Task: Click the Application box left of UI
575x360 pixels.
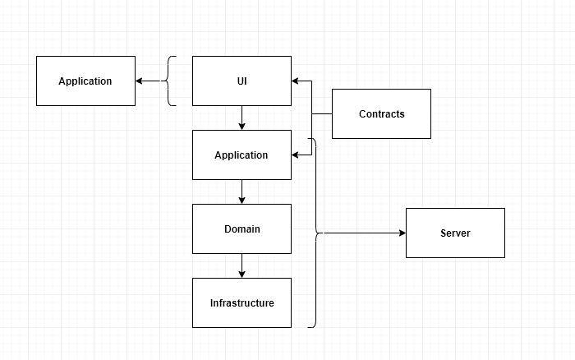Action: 85,81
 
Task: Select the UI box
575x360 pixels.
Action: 241,81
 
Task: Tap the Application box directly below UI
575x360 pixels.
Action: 241,155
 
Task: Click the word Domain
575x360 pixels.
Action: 241,228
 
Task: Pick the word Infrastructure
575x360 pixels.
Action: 241,302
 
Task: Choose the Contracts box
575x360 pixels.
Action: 381,113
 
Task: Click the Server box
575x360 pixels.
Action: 455,233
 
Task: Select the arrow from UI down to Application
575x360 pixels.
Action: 241,118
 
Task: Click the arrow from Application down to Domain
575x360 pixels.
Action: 241,192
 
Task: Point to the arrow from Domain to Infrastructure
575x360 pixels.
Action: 241,265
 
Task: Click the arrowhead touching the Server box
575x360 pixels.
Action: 402,233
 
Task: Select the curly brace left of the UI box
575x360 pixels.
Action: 171,81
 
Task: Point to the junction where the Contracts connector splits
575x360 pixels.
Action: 311,113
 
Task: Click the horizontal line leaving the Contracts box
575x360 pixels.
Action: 322,113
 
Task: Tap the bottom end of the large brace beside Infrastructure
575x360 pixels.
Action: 309,326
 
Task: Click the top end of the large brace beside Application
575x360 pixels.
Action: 309,139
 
